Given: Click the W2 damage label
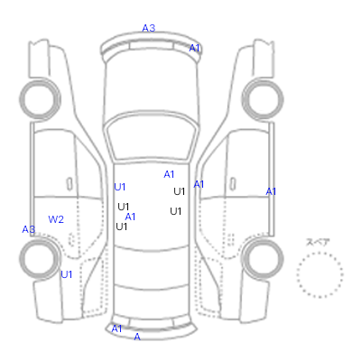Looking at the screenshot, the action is tap(56, 219).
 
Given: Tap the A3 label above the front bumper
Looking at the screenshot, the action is tap(149, 28).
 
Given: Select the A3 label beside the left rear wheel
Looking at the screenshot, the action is tap(29, 229).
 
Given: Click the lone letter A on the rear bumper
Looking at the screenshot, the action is tap(137, 337).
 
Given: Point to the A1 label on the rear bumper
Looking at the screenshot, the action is tap(116, 329).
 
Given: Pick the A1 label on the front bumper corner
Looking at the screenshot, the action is tap(194, 48).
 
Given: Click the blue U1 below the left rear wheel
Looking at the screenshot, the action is tap(67, 274).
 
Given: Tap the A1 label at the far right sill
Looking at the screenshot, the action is tap(271, 191).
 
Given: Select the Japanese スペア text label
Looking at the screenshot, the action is tap(318, 242).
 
